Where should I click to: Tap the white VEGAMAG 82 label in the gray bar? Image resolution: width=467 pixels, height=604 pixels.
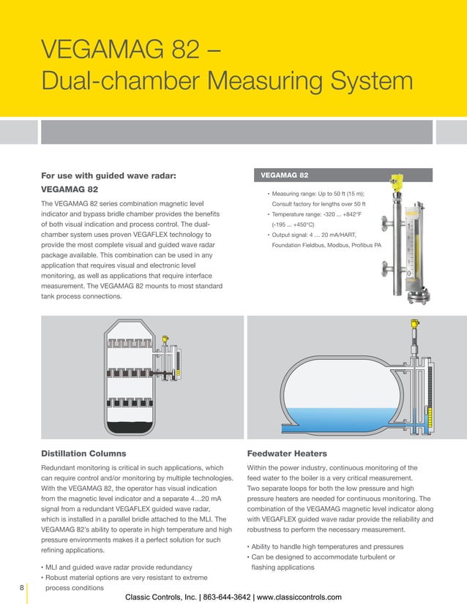point(285,175)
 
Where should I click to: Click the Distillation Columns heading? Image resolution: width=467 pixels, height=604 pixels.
point(88,452)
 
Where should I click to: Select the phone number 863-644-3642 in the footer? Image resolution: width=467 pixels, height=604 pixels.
point(239,596)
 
